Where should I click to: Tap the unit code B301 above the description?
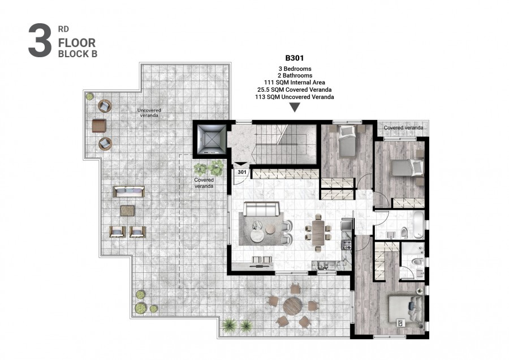(294, 58)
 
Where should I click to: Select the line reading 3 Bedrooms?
(294, 68)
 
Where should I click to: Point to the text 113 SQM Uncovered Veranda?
(294, 97)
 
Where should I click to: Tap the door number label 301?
(241, 172)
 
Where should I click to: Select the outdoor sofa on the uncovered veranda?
(128, 192)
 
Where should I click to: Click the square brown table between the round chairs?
(99, 125)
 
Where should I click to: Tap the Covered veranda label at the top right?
(403, 128)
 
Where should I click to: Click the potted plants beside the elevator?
(208, 168)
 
